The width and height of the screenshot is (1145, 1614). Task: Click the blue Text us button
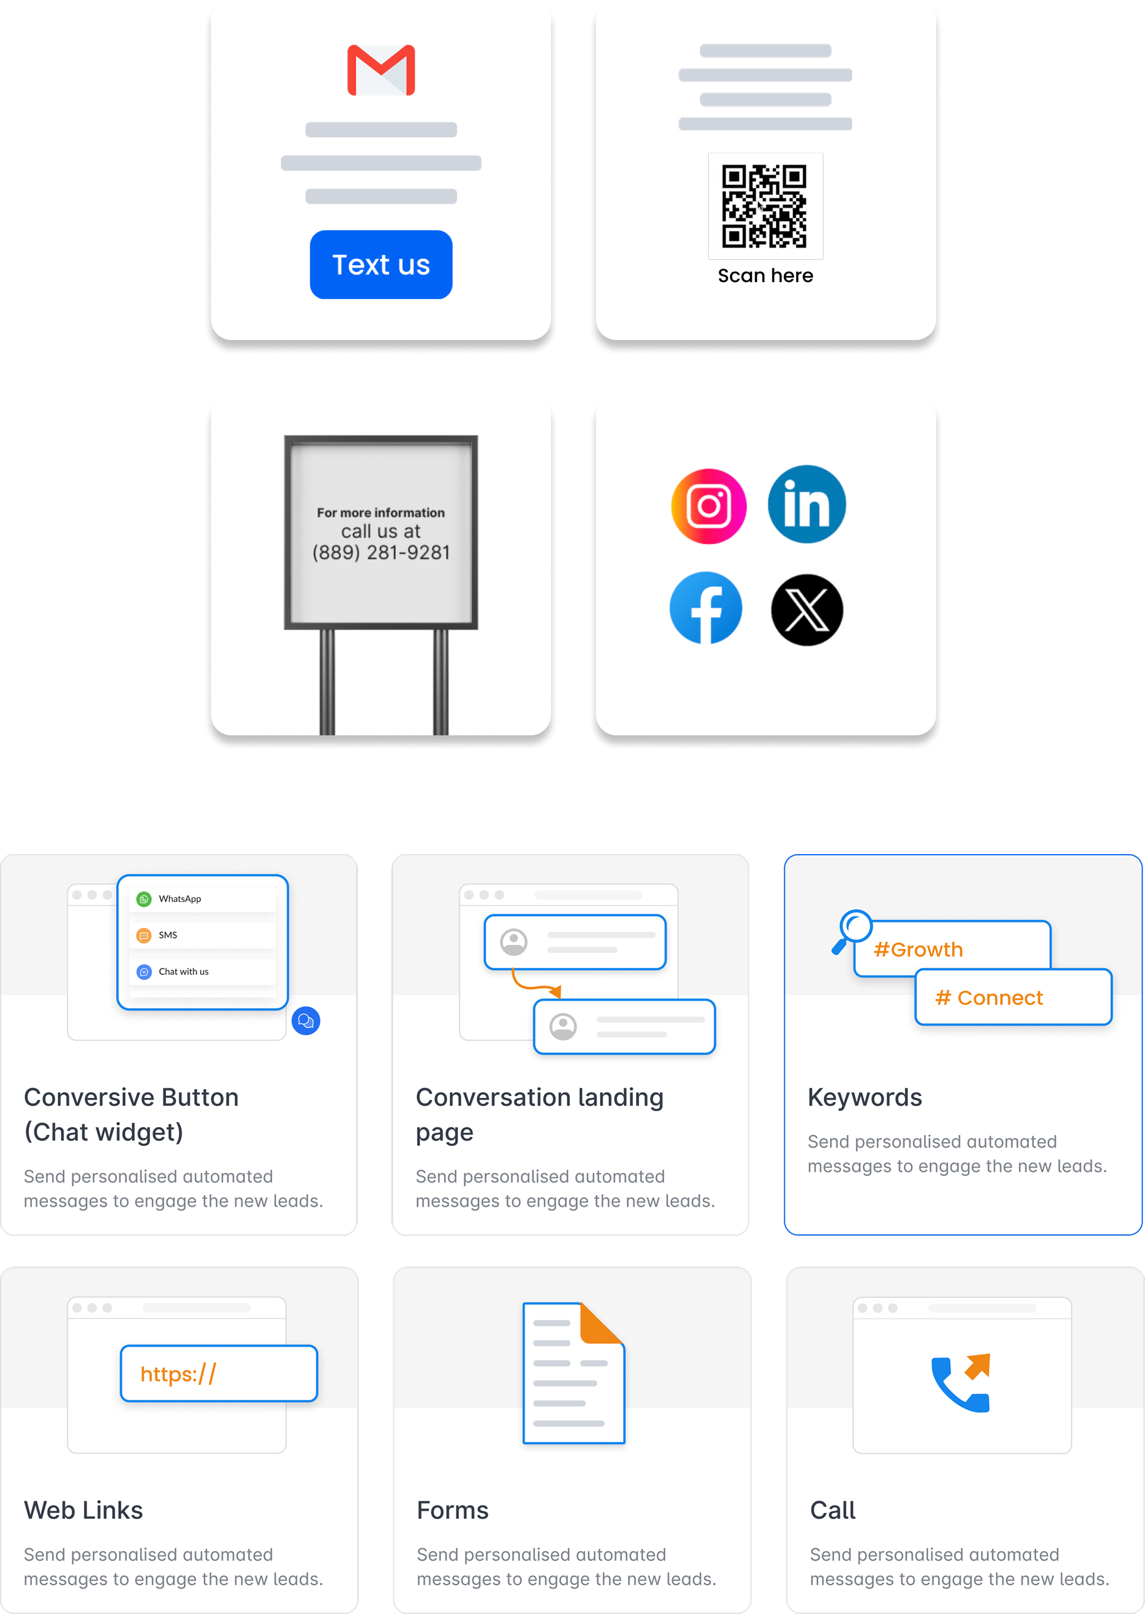380,264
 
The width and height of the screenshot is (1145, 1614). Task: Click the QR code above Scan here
765,206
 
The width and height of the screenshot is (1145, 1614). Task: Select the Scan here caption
765,275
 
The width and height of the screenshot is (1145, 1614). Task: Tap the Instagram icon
709,505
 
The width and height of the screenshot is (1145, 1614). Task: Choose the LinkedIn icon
807,504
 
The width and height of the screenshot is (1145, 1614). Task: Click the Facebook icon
706,608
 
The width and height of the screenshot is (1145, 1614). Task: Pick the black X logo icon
807,610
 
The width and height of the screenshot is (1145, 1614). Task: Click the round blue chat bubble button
306,1021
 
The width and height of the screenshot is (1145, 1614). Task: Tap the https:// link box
219,1373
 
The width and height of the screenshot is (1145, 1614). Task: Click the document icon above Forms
573,1372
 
